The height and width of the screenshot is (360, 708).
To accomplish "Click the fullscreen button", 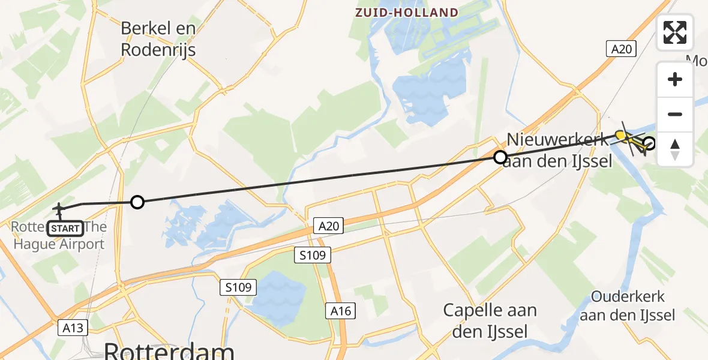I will point(675,32).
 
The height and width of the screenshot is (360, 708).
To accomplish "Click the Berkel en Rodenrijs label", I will point(158,38).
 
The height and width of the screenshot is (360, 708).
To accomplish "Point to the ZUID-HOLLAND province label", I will point(407,13).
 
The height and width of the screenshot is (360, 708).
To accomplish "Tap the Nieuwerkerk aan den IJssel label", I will point(559,150).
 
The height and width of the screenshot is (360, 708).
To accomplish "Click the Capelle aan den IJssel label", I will point(490,320).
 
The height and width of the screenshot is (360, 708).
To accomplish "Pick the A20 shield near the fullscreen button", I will point(620,49).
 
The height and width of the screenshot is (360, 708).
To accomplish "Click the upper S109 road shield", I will point(313,256).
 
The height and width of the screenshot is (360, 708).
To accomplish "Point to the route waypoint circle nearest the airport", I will point(137,202).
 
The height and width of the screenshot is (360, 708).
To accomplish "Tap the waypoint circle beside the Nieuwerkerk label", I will point(500,158).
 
